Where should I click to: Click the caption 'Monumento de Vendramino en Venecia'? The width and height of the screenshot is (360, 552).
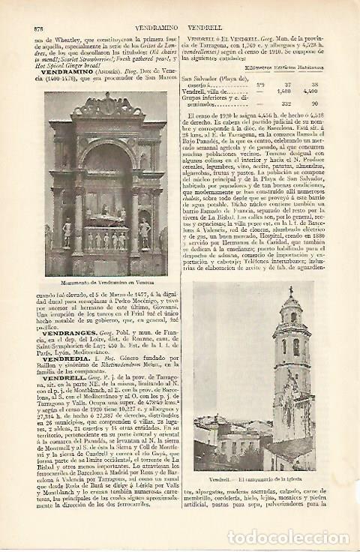(x=104, y=283)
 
